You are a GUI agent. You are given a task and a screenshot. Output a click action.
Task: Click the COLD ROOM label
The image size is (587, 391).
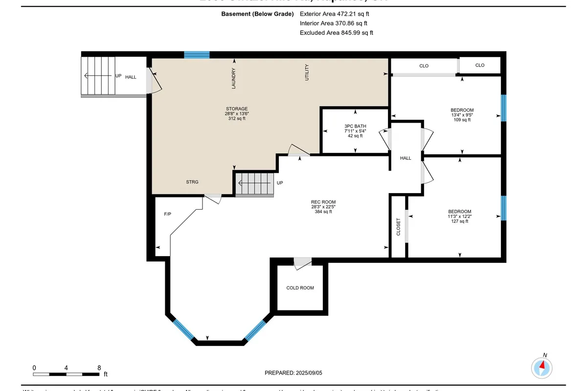point(300,288)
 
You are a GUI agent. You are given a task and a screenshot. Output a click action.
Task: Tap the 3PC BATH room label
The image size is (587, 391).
point(355,131)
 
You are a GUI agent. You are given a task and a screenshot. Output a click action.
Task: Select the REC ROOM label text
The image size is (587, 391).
point(323,207)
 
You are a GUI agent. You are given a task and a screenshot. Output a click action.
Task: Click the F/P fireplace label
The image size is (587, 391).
point(167,215)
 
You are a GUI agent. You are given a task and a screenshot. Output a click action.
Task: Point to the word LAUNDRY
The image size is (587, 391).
point(234,78)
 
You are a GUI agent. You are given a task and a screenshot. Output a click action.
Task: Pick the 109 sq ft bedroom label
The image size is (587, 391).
point(462,115)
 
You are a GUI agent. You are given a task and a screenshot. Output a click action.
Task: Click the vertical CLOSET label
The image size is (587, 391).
point(398,227)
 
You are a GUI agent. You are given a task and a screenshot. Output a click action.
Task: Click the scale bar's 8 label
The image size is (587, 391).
point(99,368)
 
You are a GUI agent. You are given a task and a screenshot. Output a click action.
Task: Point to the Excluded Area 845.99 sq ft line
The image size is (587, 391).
point(336,33)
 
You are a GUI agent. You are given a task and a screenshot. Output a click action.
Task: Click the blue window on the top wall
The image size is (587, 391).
point(197,55)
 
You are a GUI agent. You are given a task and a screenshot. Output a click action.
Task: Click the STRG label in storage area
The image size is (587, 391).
point(192,182)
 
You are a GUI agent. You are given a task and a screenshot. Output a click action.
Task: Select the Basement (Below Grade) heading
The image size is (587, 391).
point(256,14)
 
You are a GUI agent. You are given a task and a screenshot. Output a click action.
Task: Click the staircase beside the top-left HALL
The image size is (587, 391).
point(98,76)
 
